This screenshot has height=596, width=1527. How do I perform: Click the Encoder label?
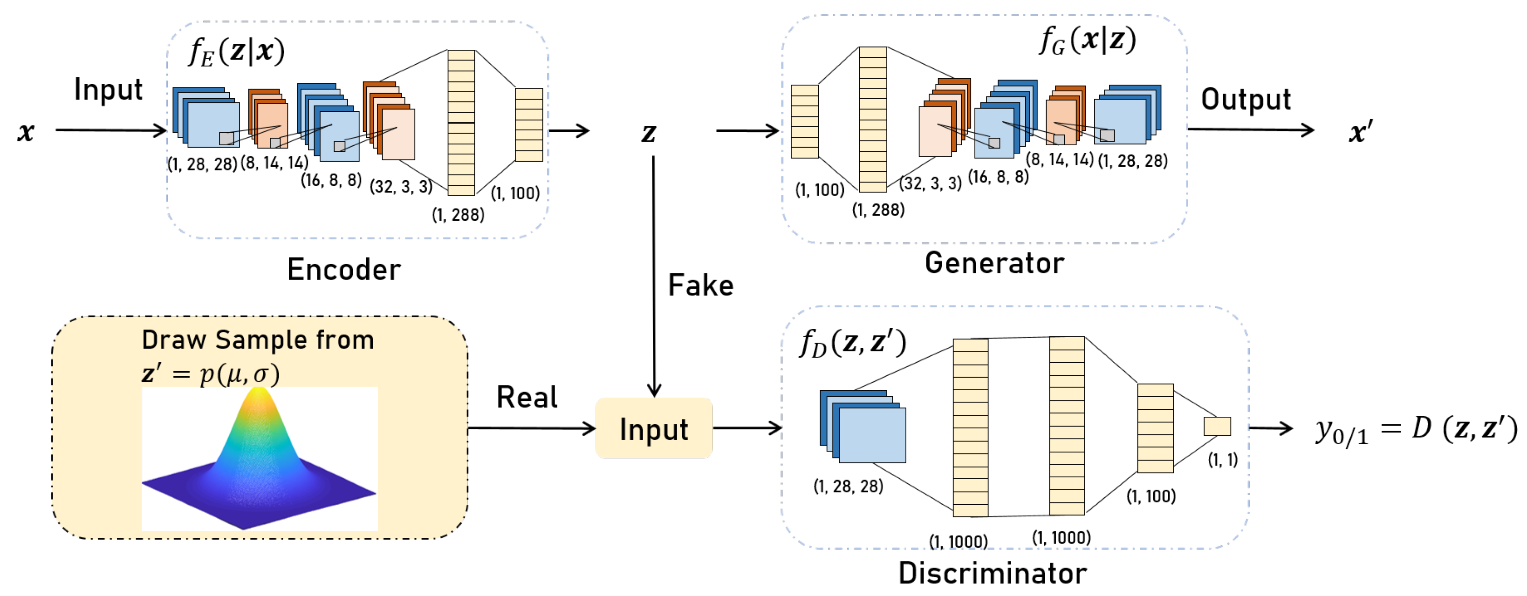click(344, 270)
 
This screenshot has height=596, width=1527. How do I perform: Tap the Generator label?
click(994, 264)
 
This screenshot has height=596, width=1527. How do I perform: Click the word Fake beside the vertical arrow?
click(701, 285)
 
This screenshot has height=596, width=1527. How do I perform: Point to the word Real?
click(527, 398)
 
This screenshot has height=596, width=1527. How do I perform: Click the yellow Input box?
click(654, 429)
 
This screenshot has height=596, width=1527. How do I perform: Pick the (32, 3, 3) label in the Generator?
click(930, 183)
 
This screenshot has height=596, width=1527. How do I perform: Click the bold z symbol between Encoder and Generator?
click(649, 133)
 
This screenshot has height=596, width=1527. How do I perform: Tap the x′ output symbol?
click(1361, 131)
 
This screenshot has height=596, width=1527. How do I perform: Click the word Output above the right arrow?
click(1246, 100)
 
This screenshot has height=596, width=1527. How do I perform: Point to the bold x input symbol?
click(26, 131)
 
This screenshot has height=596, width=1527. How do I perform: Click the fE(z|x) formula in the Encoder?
click(236, 52)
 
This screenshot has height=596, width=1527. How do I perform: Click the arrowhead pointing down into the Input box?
click(654, 391)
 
